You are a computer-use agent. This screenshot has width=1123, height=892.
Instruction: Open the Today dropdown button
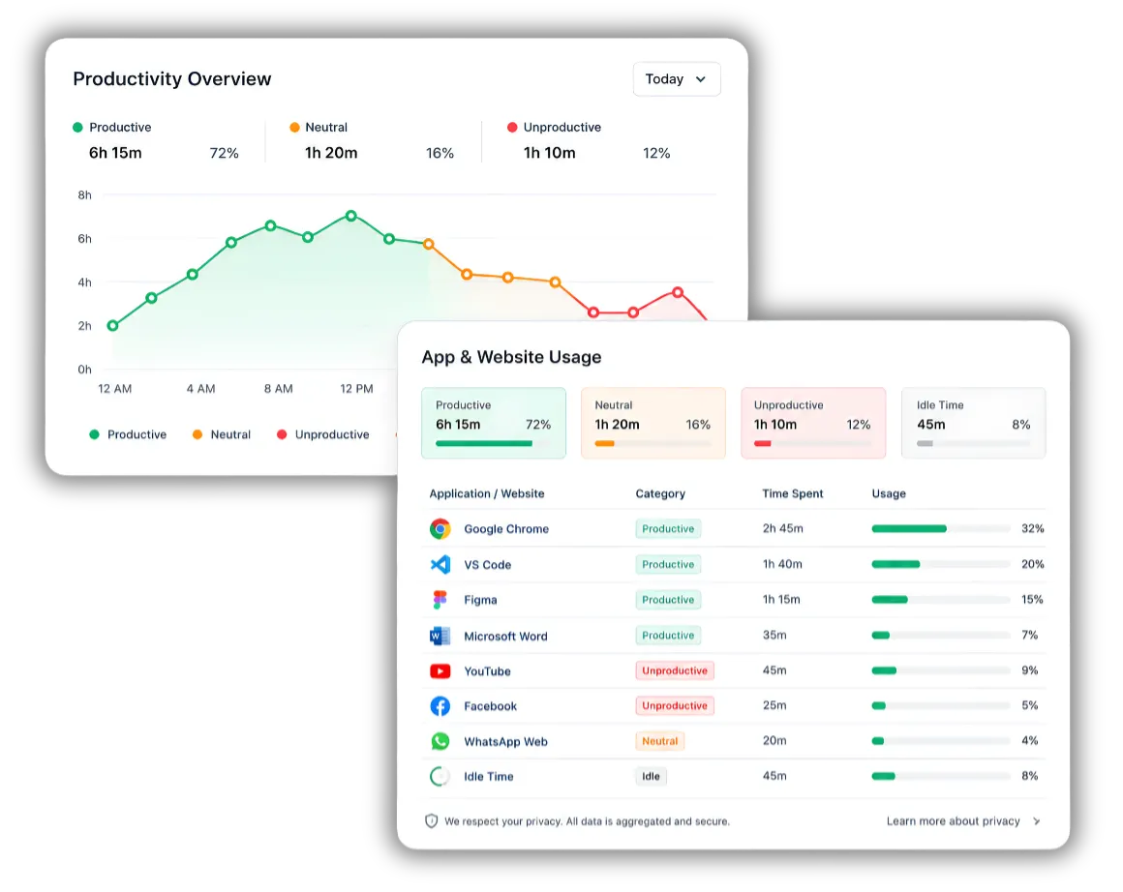(x=676, y=78)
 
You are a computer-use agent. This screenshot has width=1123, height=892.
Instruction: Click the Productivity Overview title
(x=172, y=78)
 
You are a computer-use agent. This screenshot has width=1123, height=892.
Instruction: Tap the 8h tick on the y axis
(x=84, y=194)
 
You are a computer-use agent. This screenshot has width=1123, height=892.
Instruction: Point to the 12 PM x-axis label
(x=356, y=389)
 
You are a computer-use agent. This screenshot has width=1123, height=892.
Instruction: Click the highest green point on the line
(x=350, y=216)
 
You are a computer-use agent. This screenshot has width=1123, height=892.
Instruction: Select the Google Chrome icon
(x=440, y=529)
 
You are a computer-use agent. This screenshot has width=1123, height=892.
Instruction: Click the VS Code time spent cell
(x=782, y=564)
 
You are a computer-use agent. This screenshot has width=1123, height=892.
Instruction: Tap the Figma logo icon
(x=440, y=599)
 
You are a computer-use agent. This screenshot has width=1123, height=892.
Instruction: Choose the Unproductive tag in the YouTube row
(x=674, y=670)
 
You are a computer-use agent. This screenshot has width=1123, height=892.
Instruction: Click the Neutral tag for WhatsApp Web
(x=659, y=741)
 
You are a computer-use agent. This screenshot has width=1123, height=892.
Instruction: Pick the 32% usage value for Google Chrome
(x=1032, y=528)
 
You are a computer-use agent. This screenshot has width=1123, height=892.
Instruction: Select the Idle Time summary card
(x=973, y=423)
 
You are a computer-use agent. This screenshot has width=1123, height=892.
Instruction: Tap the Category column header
(x=660, y=493)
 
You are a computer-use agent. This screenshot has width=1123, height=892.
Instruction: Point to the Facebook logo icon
(x=440, y=706)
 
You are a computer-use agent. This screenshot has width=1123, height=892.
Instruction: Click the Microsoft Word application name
(x=505, y=636)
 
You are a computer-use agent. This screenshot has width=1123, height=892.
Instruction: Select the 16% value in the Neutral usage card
(x=698, y=425)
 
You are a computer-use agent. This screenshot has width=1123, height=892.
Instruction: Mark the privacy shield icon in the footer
(x=431, y=821)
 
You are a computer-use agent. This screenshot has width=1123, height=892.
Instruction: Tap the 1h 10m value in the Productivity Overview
(x=549, y=153)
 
